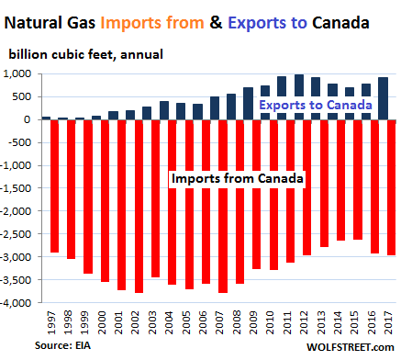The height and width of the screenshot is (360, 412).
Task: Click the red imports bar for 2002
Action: point(139,207)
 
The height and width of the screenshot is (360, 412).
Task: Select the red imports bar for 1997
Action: point(54,186)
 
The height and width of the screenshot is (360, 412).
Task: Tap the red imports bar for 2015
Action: point(358,180)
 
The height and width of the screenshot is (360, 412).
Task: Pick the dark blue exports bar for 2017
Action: point(384,98)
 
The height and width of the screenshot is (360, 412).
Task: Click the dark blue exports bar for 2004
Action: point(164,110)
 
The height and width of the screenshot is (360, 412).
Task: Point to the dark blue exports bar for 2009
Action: point(249,104)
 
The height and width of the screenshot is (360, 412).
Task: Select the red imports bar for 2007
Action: point(223,207)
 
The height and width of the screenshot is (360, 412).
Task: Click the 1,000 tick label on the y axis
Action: point(17,73)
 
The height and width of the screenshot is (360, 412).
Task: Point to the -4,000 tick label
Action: point(17,303)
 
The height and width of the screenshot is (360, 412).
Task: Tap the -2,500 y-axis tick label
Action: point(17,234)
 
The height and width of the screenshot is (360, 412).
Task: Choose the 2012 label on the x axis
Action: point(304,322)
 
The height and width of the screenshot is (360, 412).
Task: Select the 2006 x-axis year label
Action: point(203,322)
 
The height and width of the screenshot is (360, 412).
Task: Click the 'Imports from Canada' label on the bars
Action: point(238,178)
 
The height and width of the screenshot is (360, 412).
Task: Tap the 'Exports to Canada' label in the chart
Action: point(316,105)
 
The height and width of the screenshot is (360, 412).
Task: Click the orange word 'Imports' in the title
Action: point(131,23)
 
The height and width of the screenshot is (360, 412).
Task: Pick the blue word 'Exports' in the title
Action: point(257,23)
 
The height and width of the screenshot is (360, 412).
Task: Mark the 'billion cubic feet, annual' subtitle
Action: point(85,55)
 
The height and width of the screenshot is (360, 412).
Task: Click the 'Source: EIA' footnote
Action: point(62,345)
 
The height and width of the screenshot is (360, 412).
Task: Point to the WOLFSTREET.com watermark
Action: point(351,347)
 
